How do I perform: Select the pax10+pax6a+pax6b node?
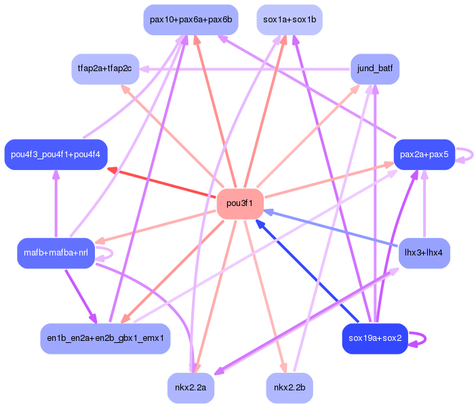(191, 20)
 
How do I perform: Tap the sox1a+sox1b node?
(290, 20)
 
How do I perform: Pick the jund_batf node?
(375, 68)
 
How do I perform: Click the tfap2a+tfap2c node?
(105, 69)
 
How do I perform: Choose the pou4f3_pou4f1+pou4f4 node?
(56, 155)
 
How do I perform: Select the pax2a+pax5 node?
(424, 155)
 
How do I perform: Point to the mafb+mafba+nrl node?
(56, 253)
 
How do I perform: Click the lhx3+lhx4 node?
(424, 253)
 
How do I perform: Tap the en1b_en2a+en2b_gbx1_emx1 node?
(104, 338)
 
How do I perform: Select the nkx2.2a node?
(191, 388)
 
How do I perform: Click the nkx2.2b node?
(290, 388)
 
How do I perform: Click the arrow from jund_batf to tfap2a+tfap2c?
(244, 69)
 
